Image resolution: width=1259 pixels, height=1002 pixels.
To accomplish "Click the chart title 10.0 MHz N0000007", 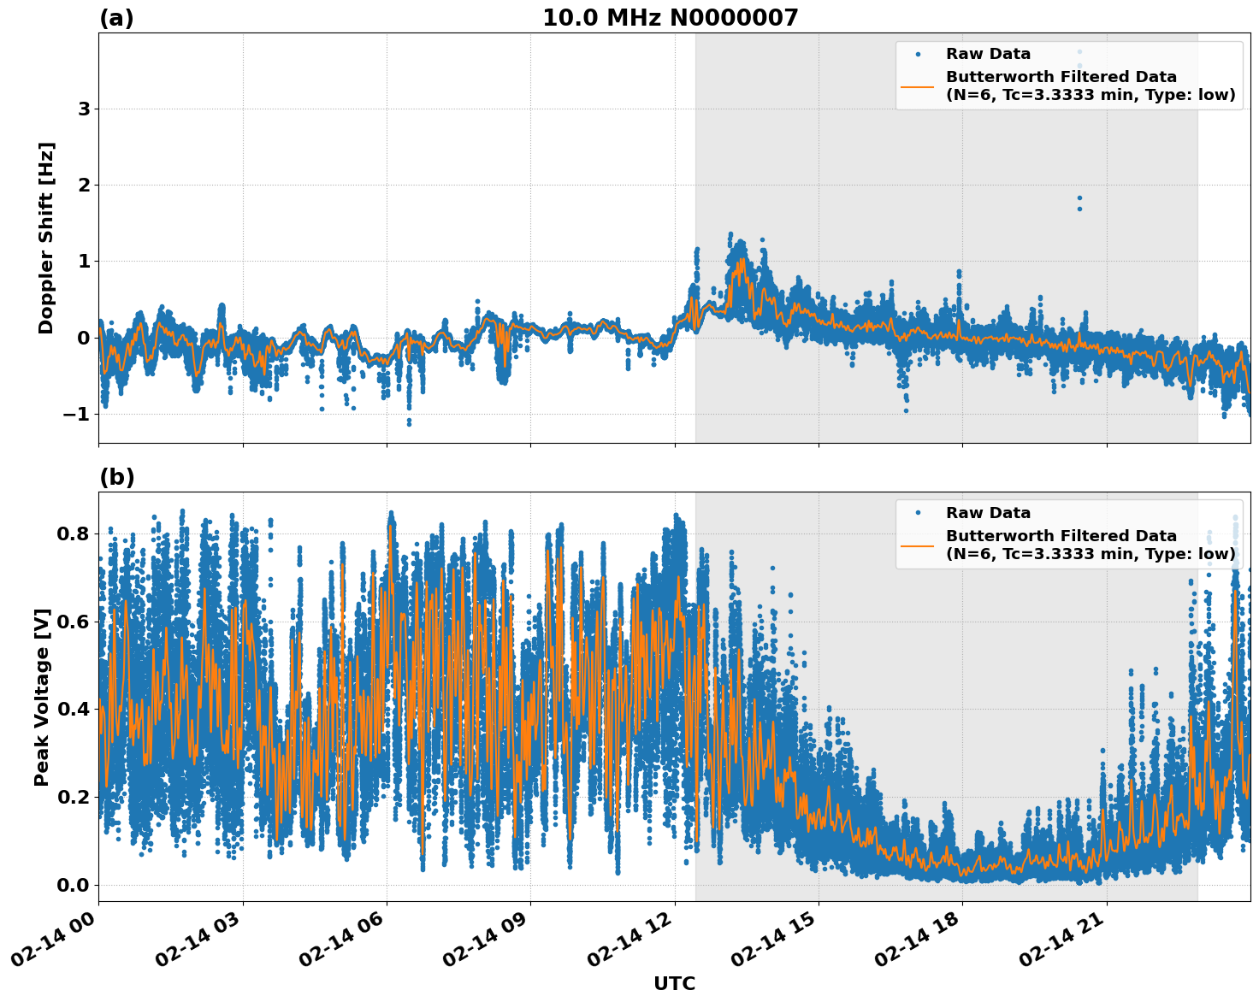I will pyautogui.click(x=670, y=18).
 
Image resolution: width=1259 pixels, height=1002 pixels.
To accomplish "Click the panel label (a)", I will pyautogui.click(x=116, y=18).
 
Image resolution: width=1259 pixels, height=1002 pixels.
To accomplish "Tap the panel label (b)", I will pyautogui.click(x=116, y=477).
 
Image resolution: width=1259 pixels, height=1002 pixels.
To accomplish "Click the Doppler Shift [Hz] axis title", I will pyautogui.click(x=46, y=238).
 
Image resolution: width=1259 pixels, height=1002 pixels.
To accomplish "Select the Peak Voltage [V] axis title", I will pyautogui.click(x=42, y=697).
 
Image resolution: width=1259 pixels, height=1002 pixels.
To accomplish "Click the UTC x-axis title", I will pyautogui.click(x=674, y=983).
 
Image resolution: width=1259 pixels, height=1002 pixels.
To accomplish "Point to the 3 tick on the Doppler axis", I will pyautogui.click(x=84, y=109).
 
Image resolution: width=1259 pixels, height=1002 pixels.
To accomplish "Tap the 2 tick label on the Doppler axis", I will pyautogui.click(x=84, y=186).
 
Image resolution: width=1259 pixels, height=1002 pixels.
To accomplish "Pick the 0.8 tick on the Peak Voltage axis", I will pyautogui.click(x=74, y=533).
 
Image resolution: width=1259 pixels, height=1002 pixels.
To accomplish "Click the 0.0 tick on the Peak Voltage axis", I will pyautogui.click(x=74, y=885).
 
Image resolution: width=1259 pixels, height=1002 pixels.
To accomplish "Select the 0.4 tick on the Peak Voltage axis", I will pyautogui.click(x=74, y=710).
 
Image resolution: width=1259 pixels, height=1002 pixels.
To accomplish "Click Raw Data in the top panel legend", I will pyautogui.click(x=988, y=54).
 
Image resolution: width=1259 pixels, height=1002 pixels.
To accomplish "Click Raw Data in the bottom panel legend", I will pyautogui.click(x=988, y=513).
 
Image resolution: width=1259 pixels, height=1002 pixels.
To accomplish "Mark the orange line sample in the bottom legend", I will pyautogui.click(x=917, y=545).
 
